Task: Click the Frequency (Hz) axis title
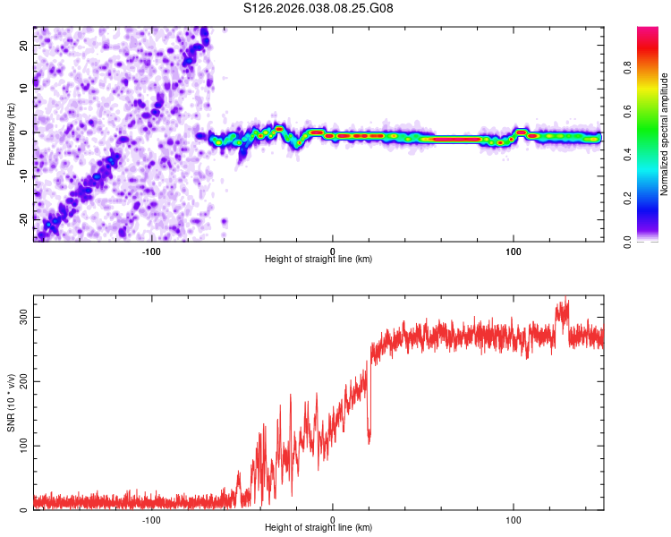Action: (x=11, y=133)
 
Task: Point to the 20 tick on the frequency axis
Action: (x=24, y=45)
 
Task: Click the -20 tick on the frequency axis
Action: (x=24, y=218)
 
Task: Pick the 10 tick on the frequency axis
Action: (x=24, y=89)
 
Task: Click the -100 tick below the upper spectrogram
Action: (x=151, y=250)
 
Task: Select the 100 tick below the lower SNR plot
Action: (x=514, y=518)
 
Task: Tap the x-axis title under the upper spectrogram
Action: (x=319, y=259)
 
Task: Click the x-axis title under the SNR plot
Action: (x=319, y=528)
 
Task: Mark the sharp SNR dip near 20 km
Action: (x=369, y=441)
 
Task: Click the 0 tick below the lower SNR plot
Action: (x=333, y=518)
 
